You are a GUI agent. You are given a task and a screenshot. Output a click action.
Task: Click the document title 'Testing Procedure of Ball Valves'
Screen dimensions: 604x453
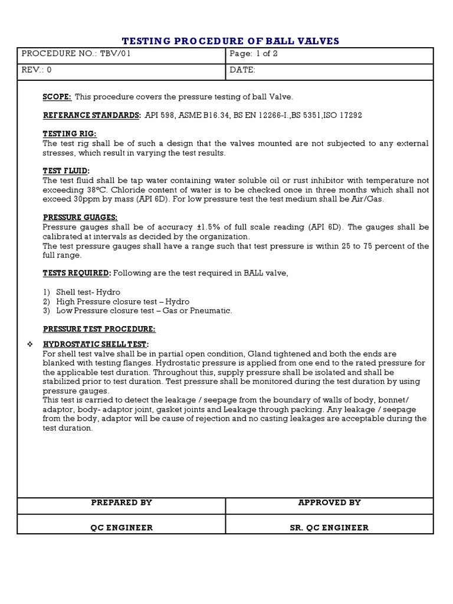point(230,41)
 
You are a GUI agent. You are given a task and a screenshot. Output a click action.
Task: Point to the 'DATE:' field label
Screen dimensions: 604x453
point(242,70)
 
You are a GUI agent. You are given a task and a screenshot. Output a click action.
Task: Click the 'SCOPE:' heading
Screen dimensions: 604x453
point(57,97)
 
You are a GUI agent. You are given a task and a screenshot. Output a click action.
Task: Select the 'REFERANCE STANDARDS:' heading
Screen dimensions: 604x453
point(91,115)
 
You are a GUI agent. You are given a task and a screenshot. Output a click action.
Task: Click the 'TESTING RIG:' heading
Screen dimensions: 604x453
point(69,134)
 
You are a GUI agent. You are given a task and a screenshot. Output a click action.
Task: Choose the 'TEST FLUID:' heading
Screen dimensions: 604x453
point(66,170)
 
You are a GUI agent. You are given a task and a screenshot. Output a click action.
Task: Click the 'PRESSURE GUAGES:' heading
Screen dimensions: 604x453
point(80,217)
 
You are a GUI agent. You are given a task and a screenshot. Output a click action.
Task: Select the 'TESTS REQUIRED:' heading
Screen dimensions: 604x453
point(76,273)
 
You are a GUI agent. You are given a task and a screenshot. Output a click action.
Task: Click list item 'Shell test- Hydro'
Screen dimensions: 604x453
point(88,292)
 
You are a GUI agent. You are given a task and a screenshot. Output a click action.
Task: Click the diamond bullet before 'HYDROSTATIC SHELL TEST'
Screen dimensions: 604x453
point(29,344)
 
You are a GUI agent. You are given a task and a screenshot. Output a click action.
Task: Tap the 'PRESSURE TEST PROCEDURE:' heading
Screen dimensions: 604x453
point(99,329)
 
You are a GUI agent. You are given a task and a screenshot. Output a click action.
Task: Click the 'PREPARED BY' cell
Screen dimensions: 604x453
point(122,503)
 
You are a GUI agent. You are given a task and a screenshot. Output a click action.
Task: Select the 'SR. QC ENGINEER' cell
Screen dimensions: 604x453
point(329,527)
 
